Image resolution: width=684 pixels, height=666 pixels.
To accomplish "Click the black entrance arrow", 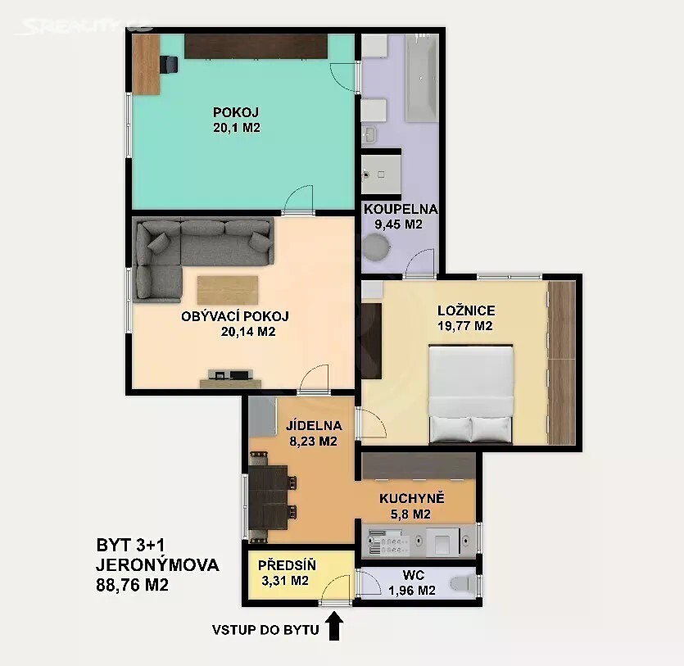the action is point(334,626).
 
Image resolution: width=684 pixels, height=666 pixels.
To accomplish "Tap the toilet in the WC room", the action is point(464,583).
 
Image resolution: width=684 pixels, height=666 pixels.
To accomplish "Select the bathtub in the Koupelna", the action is point(421,79).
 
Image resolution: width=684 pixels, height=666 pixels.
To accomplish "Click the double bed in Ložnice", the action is point(470,394).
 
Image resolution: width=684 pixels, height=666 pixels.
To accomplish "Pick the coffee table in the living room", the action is point(227,290).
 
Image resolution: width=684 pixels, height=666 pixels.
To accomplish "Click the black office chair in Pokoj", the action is point(169,65).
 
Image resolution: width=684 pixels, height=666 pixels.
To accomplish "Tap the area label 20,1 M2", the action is point(237,128).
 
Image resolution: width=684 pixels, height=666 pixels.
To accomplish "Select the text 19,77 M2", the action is point(465,326).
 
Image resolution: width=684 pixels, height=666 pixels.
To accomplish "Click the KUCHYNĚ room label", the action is point(411,498).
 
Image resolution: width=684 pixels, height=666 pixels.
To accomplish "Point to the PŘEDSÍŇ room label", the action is point(287,566).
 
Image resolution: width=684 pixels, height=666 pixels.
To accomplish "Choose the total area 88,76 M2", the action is point(132,585).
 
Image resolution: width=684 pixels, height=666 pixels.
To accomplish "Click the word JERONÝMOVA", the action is point(157,564).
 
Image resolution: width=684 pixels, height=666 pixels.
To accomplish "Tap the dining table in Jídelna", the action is point(268,497).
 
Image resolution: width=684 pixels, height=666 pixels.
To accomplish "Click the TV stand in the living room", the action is point(230,379).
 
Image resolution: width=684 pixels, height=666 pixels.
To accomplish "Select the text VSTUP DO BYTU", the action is point(265,630).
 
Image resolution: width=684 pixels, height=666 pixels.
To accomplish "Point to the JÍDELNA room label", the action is point(314,425).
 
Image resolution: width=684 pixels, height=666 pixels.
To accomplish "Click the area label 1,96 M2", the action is point(412,591).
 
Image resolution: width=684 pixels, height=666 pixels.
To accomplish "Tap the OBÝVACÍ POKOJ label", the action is point(234,316).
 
